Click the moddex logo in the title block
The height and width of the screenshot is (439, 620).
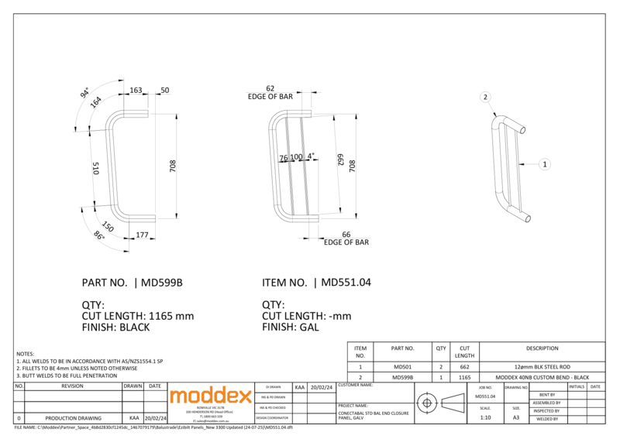(x=211, y=396)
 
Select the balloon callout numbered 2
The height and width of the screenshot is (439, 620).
(x=485, y=97)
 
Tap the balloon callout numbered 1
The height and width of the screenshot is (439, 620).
(x=545, y=164)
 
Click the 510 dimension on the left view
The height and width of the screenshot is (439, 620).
(x=96, y=168)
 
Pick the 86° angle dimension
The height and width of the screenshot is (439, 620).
(x=99, y=236)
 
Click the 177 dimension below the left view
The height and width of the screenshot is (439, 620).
(x=142, y=235)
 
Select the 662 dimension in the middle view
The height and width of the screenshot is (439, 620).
(x=340, y=160)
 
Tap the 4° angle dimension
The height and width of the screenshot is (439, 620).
(x=311, y=156)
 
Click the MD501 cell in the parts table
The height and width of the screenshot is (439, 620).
(x=403, y=366)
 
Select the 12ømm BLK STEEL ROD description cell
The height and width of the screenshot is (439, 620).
(x=542, y=366)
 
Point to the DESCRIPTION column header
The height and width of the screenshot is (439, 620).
(x=542, y=348)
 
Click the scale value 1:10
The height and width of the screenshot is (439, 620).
(x=485, y=417)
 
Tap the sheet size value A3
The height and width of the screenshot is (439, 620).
(x=516, y=417)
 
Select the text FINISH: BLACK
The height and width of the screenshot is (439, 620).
(x=115, y=328)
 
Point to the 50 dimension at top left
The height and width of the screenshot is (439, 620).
(x=164, y=91)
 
